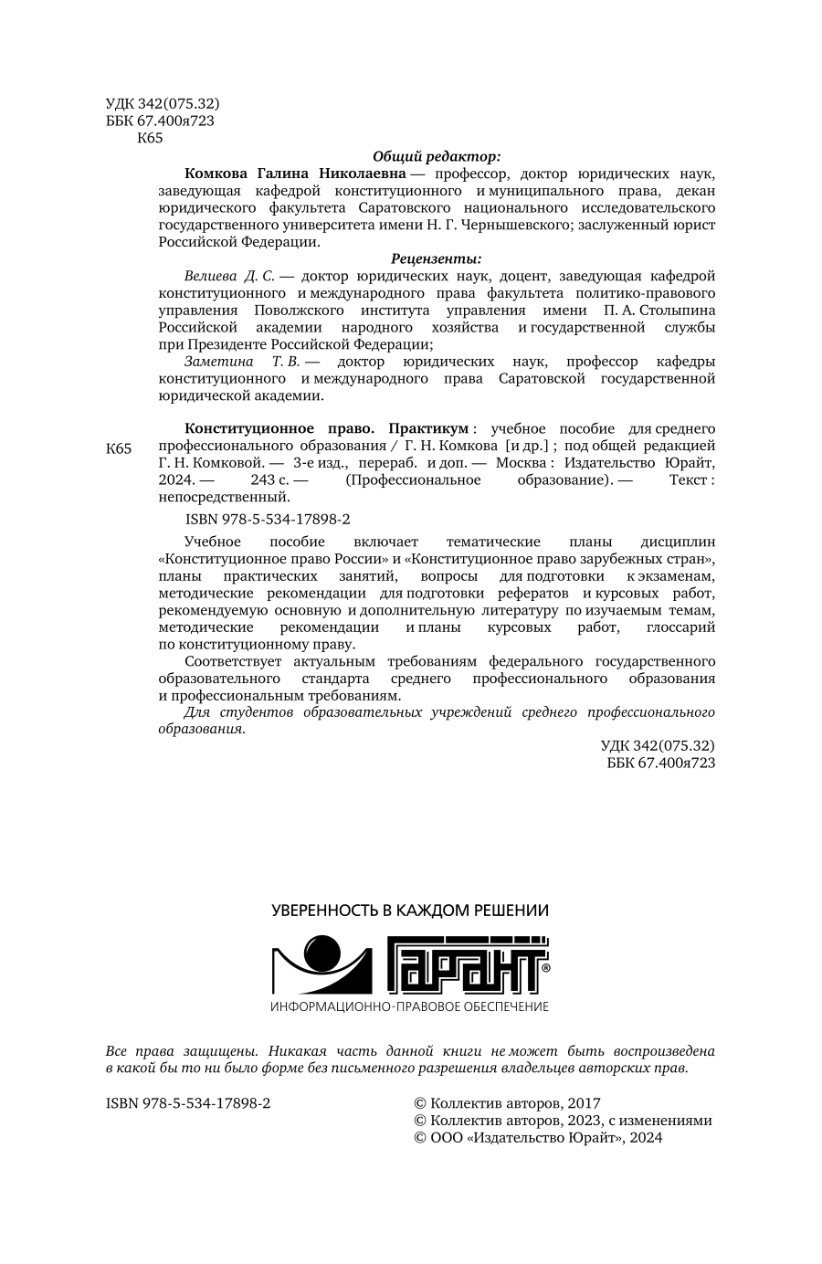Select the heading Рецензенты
[x=437, y=258]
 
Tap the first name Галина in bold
[x=279, y=173]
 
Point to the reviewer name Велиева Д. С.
[x=228, y=276]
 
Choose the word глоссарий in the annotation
[x=680, y=627]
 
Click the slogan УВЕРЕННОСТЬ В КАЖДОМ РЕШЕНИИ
[x=410, y=911]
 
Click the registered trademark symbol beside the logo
[x=545, y=966]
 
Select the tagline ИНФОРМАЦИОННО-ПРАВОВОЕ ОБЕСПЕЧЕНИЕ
[x=410, y=1006]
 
